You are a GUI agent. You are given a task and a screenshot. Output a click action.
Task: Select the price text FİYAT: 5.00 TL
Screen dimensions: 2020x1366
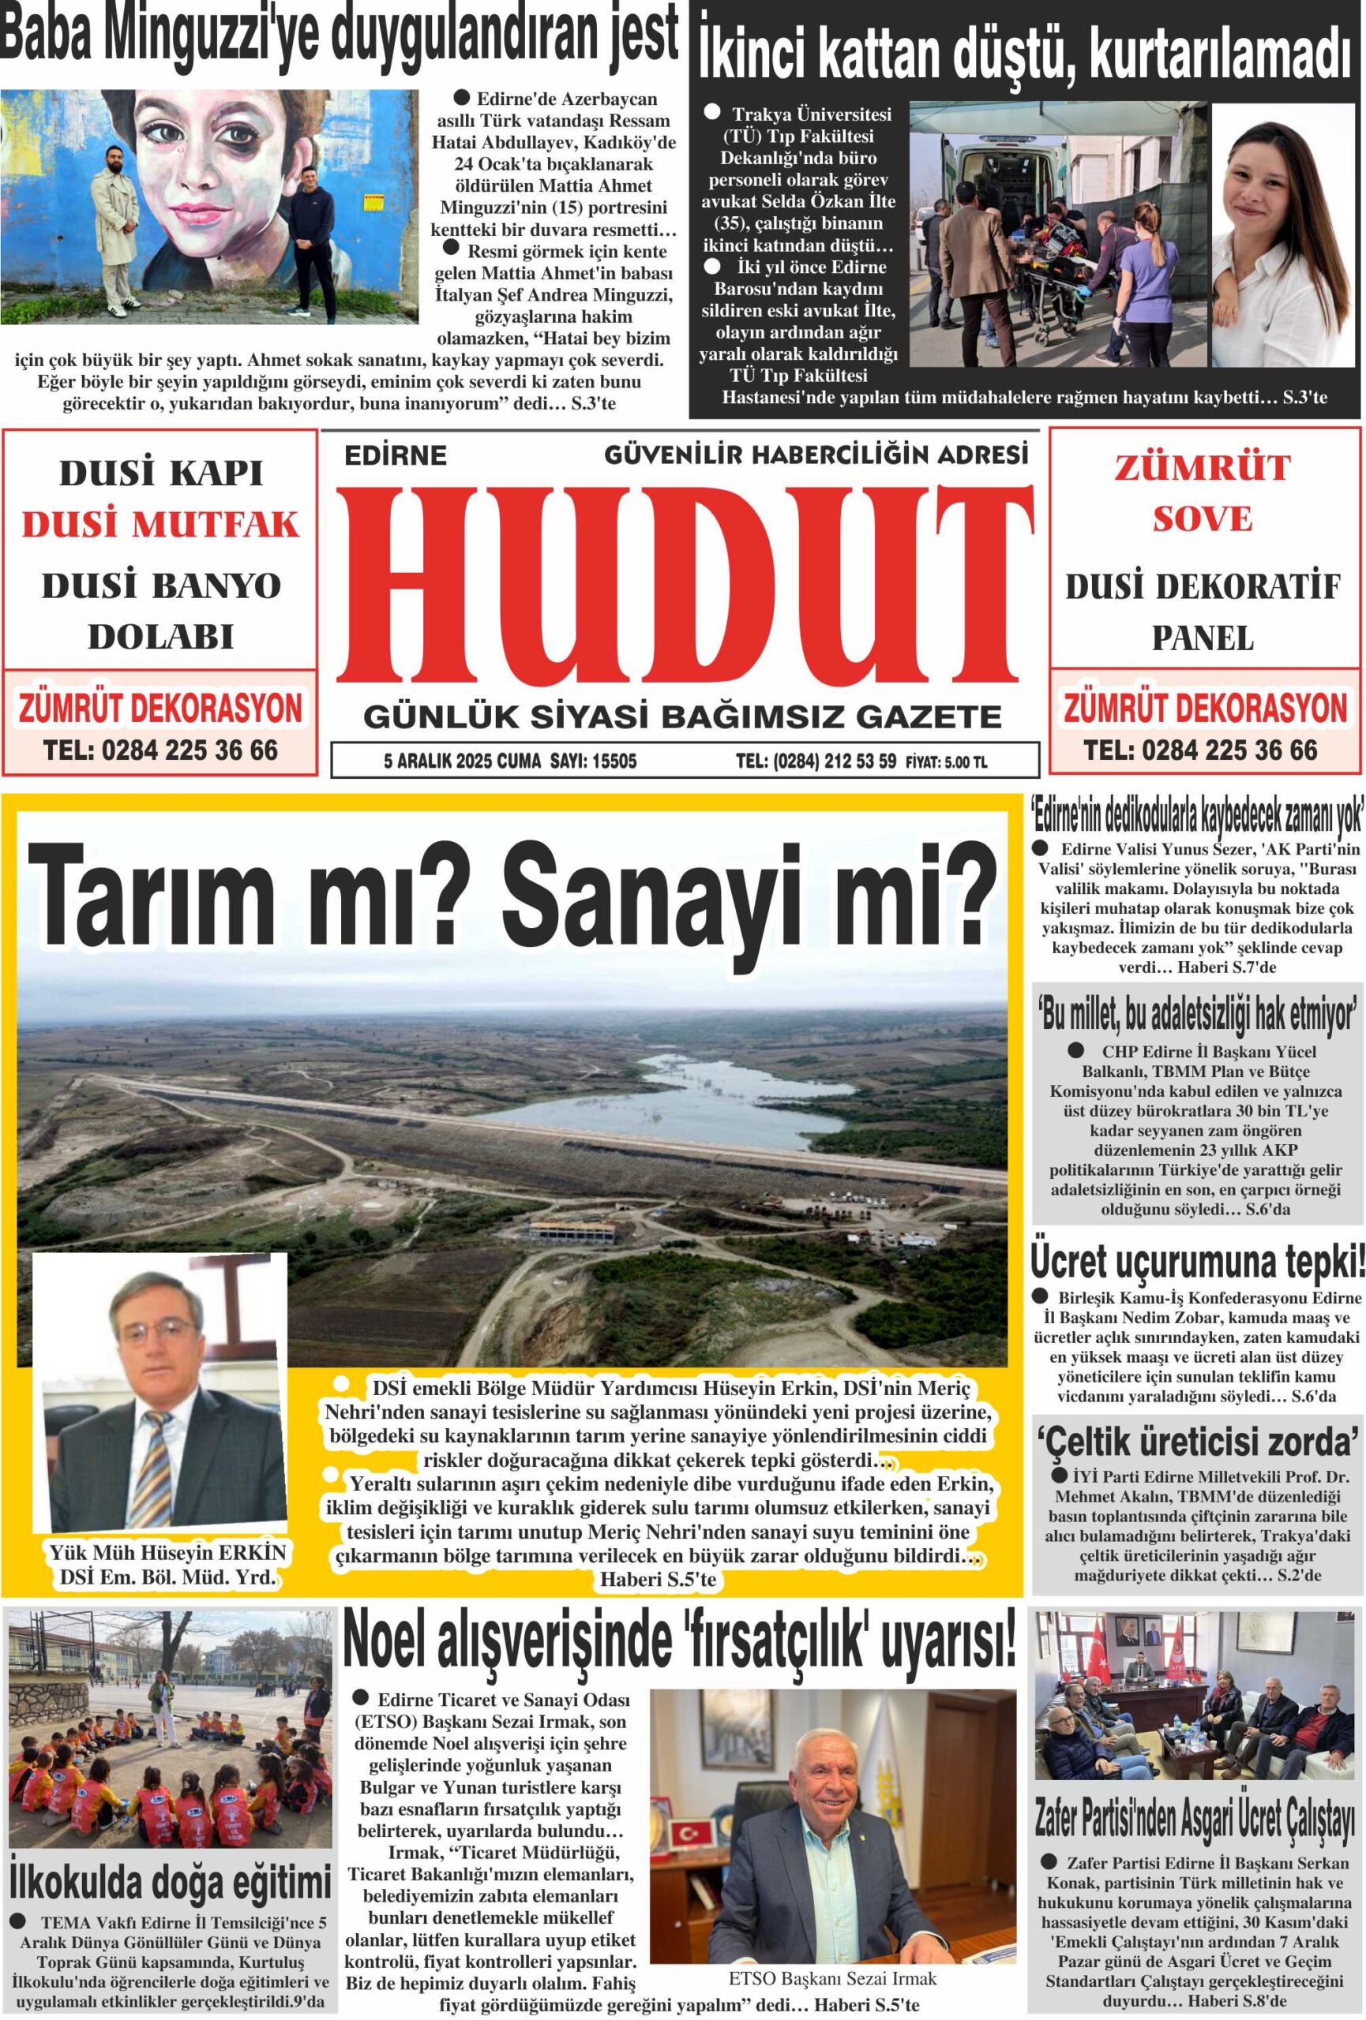coord(946,762)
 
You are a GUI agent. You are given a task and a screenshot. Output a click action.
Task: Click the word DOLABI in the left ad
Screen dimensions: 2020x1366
coord(161,637)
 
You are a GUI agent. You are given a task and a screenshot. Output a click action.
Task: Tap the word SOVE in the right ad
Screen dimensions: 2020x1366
coord(1203,519)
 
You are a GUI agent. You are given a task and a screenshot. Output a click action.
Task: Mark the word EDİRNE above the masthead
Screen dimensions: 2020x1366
coord(396,454)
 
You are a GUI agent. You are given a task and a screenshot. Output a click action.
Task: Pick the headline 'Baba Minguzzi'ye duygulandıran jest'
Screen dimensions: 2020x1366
coord(339,36)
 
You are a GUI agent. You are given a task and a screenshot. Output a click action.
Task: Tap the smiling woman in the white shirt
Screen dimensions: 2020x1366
coord(1282,234)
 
